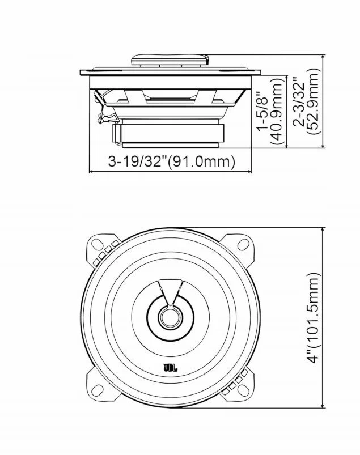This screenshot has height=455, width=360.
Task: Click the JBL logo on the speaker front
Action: point(171,368)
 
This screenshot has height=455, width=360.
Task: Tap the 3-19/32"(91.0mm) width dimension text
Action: point(172,161)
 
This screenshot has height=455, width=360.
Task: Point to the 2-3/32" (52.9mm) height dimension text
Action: point(306,101)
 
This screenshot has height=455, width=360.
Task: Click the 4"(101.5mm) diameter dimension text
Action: point(313,318)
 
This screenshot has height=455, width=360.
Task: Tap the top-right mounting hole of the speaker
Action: point(243,244)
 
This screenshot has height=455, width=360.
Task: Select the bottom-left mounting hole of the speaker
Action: point(98,390)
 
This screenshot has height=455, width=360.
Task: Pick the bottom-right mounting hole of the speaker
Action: point(243,390)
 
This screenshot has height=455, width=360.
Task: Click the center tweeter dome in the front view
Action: point(171,317)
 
